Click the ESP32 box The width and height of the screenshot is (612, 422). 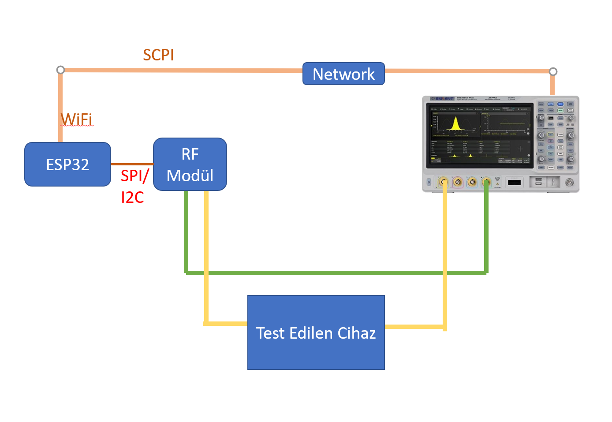coord(67,164)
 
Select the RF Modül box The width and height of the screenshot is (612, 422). coord(190,164)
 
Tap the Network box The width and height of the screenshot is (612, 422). coord(343,74)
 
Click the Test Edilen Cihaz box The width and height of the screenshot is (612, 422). coord(316,332)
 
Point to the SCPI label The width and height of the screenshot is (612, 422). coord(158,55)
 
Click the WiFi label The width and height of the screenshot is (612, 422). coord(77,119)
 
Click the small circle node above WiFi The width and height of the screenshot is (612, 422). coord(61,70)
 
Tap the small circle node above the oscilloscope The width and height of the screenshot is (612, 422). coord(553,71)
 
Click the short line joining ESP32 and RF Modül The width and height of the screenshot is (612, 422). coord(132,164)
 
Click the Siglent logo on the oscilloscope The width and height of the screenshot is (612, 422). coord(443,98)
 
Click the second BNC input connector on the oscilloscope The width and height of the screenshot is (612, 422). coord(458,182)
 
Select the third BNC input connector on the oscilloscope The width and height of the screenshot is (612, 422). coord(472,182)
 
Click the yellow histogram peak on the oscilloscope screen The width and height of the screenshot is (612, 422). coord(455,123)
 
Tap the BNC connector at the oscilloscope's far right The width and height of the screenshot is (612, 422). coord(570,182)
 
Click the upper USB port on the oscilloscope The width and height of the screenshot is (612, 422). coord(538,179)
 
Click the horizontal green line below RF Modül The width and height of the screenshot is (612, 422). coord(335,273)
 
